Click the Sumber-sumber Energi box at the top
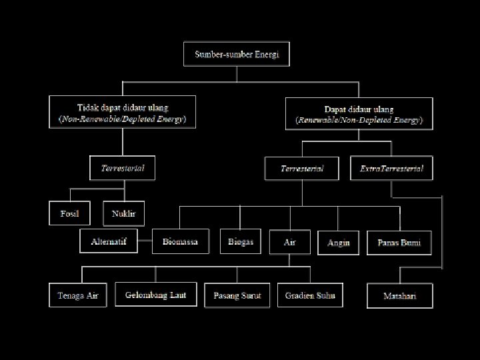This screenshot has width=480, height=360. coord(237,54)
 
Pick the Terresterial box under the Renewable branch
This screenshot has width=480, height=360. coord(303,169)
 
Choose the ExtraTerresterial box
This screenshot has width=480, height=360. coord(391,169)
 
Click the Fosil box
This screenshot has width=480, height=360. coord(69,213)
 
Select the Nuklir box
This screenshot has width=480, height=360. coord(124,213)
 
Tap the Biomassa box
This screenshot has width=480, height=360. coord(180,241)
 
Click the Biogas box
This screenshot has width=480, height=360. coord(241,241)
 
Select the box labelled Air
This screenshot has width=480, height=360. coord(290,242)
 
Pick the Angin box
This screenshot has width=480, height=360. coord(339,242)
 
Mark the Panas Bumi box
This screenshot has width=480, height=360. coord(399,242)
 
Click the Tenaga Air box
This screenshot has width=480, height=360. coord(78,295)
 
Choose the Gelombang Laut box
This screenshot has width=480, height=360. coord(156,294)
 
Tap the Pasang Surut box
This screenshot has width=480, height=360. coord(237,295)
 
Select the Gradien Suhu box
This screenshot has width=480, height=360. coord(310,295)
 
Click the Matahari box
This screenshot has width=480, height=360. coord(399,295)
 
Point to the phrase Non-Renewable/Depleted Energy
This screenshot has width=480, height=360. coord(123,119)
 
